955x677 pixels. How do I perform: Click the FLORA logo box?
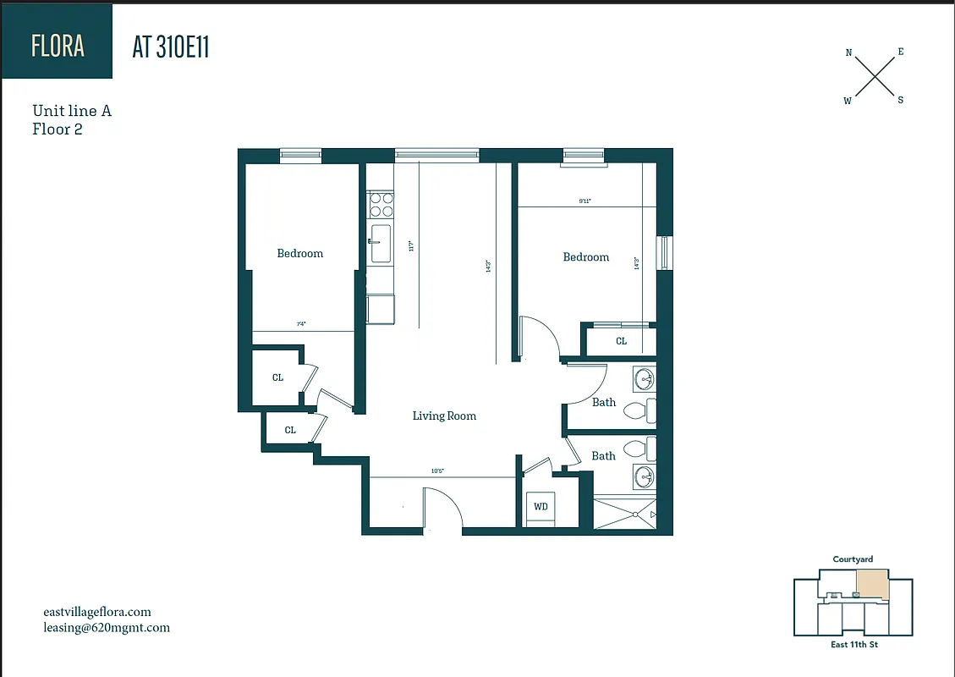click(x=57, y=45)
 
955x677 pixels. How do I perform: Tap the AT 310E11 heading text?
click(x=170, y=47)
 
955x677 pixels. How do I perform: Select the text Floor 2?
click(x=58, y=129)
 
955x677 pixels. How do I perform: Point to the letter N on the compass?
click(x=848, y=52)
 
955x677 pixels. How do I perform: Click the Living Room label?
click(x=444, y=416)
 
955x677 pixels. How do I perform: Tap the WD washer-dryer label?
click(x=541, y=507)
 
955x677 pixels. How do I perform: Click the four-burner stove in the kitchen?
click(x=381, y=206)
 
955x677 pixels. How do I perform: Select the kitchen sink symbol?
click(x=381, y=243)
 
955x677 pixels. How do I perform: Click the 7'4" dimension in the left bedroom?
click(x=300, y=324)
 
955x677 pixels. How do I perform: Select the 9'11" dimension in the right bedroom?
click(x=585, y=201)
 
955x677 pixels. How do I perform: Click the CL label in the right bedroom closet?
click(x=621, y=341)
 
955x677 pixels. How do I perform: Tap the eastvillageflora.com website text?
click(x=97, y=612)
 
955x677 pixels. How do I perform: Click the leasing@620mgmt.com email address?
click(x=107, y=628)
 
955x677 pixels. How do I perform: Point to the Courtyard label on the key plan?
click(x=853, y=559)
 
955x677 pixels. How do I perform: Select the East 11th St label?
click(x=853, y=646)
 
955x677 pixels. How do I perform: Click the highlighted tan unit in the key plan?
click(x=873, y=584)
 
